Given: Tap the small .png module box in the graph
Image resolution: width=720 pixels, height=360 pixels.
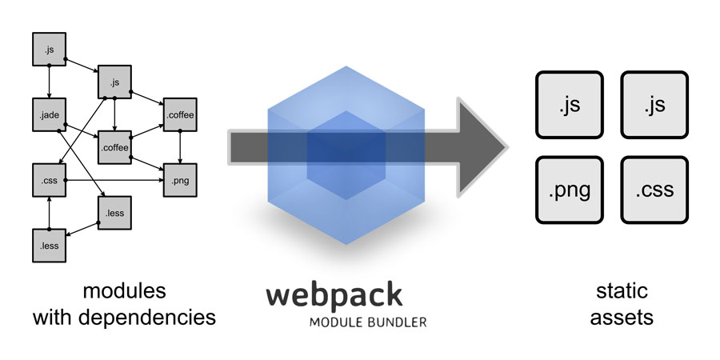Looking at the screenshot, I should point(179,181).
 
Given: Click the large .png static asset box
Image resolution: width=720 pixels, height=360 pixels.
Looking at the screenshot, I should point(570,190).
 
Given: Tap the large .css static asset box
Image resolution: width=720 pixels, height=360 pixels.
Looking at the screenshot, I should point(654,190).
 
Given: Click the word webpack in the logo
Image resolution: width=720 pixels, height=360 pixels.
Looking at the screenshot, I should point(334,294).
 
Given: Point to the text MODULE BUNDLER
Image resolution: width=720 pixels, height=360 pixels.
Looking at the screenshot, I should point(368,322).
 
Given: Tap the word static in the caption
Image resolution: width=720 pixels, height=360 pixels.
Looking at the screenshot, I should point(622,290).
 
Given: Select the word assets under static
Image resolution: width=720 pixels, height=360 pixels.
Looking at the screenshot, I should point(622,318).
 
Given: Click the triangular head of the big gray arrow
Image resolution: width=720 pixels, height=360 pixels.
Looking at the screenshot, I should point(480,146).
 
